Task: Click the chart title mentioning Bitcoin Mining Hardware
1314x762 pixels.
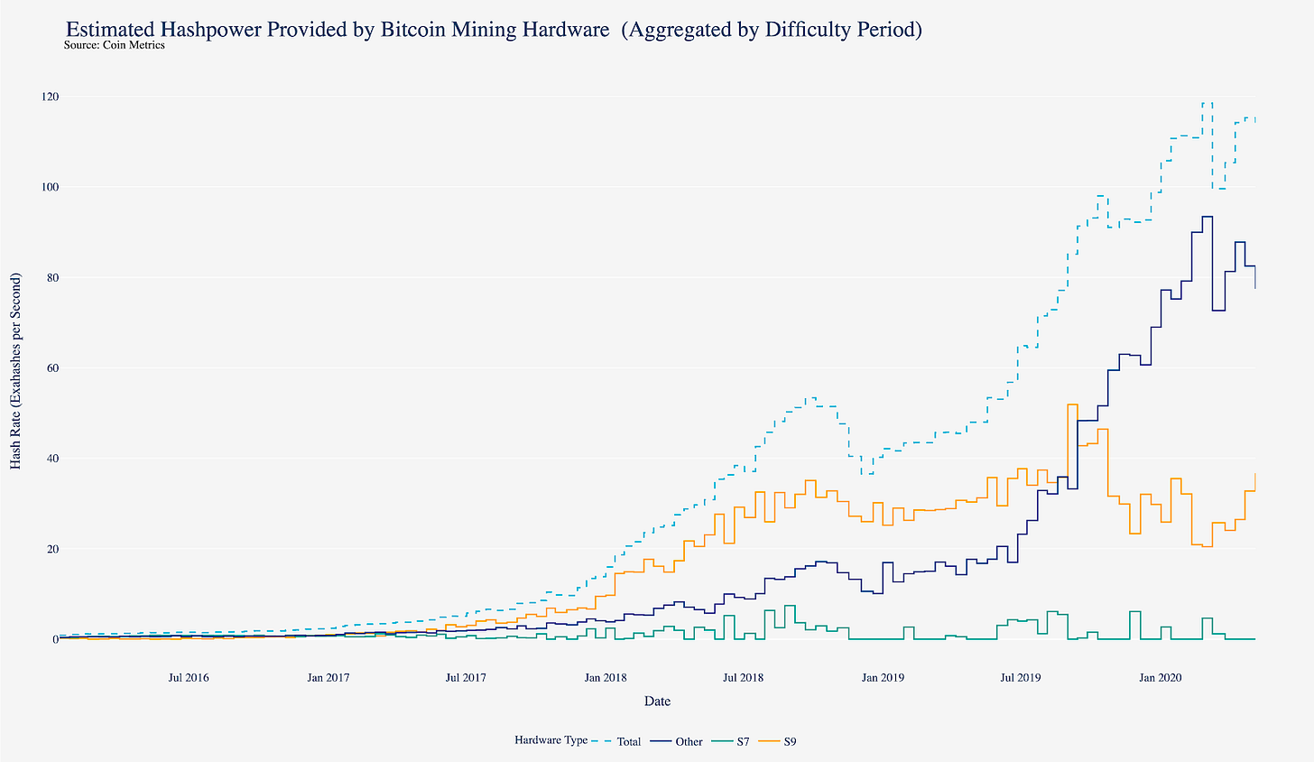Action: pos(494,30)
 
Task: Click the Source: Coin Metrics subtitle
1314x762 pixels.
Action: pos(115,45)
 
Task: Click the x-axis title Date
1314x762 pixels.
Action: pos(657,701)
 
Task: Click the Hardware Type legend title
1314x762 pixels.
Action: pos(551,740)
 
